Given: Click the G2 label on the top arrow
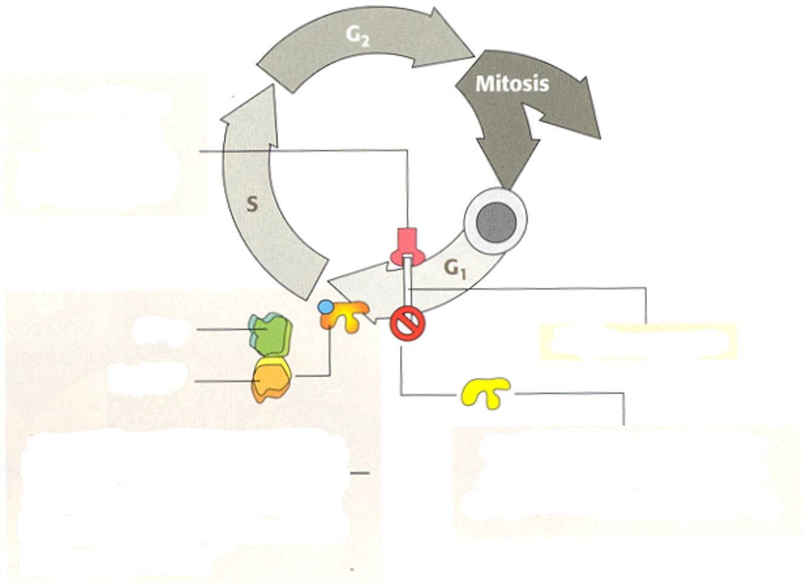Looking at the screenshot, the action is (357, 36).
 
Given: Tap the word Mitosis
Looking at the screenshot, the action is (512, 84).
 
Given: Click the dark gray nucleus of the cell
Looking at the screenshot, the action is (495, 221).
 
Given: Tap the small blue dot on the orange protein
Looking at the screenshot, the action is (326, 307).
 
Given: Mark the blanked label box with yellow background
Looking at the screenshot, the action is (638, 341).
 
